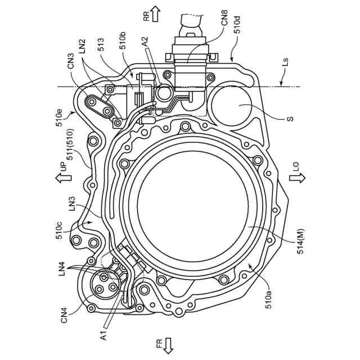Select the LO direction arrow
pos(296,178)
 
